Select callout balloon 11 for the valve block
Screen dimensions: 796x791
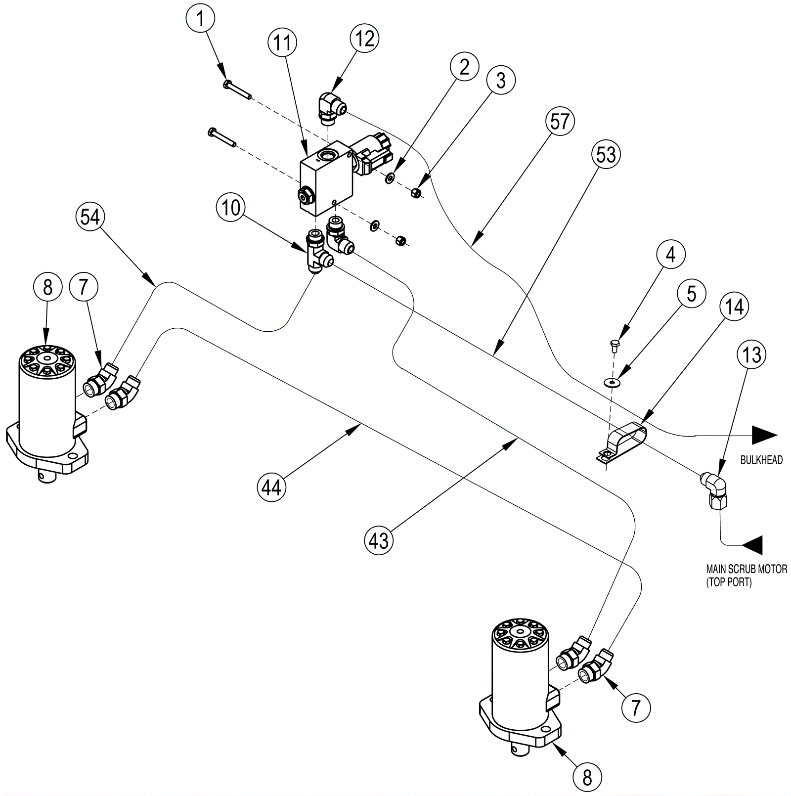pos(282,43)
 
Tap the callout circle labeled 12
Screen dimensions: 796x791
pos(365,38)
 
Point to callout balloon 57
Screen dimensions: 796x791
pos(560,121)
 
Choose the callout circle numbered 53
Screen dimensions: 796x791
pos(606,155)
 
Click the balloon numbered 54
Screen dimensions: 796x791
pos(90,217)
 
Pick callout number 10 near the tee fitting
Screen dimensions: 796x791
pos(230,208)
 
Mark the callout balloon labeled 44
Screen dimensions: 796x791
pos(271,487)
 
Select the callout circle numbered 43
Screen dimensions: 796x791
pos(379,541)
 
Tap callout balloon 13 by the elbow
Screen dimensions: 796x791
pos(752,354)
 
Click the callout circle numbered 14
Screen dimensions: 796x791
pos(735,307)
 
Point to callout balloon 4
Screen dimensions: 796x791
pos(670,254)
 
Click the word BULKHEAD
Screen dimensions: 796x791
pos(761,460)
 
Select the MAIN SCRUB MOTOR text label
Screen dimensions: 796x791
pos(747,569)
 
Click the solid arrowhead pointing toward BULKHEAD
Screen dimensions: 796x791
pos(765,435)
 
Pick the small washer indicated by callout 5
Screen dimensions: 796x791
pos(613,382)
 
